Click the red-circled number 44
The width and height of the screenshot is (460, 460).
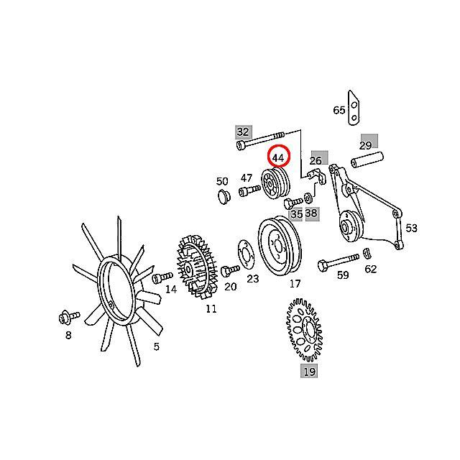point(278,158)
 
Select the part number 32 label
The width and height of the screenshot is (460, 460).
point(243,132)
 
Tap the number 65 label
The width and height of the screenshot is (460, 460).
point(339,110)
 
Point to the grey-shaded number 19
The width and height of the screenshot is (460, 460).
point(309,372)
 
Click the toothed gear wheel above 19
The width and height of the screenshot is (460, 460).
point(304,330)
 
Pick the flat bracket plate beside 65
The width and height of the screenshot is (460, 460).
point(354,108)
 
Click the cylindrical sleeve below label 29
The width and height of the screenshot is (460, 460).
point(367,160)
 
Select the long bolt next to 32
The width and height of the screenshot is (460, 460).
point(260,140)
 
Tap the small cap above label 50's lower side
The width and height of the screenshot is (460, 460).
point(224,197)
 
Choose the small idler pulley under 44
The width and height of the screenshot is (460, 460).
point(275,185)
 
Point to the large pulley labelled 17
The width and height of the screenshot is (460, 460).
point(280,246)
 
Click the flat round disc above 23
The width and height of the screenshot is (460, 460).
point(246,254)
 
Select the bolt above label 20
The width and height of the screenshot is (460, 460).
point(229,270)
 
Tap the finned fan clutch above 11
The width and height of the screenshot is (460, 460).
point(196,267)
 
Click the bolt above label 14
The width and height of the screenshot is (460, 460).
point(162,277)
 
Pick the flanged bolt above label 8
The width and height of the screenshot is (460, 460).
point(69,318)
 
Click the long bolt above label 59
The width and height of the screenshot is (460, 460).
point(338,262)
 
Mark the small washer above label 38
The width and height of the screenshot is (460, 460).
point(308,198)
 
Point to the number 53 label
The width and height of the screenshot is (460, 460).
point(411,228)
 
